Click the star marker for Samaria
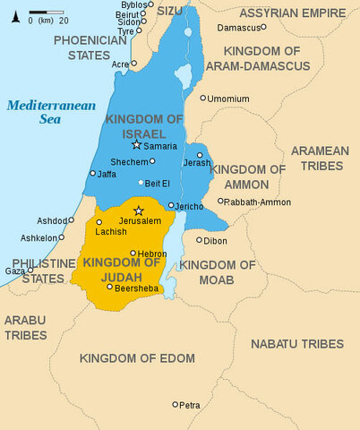pos(136,144)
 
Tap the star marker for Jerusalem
pos(138,211)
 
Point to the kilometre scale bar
pos(41,13)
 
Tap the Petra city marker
pos(176,404)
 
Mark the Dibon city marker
pos(199,239)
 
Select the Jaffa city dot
pos(92,173)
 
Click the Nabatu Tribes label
pos(296,344)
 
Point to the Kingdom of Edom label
pos(137,358)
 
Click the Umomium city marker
pos(203,99)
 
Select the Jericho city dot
pos(170,205)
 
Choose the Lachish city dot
pos(99,222)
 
